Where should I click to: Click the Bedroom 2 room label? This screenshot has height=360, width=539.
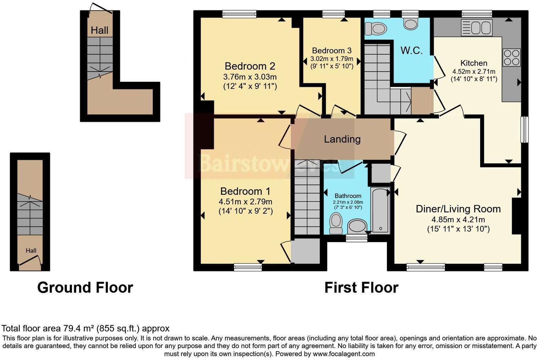[250, 66]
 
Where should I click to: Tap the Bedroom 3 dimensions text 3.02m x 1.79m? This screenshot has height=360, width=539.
[332, 59]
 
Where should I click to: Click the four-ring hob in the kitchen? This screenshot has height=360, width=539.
[511, 57]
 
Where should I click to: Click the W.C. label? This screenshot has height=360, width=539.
[411, 50]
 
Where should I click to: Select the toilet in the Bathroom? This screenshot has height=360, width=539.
[335, 223]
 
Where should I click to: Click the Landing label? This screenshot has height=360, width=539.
[342, 139]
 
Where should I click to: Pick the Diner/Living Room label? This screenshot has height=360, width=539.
[458, 209]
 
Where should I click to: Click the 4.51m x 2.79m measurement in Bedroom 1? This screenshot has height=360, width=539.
[245, 202]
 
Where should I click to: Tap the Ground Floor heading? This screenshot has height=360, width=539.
[85, 287]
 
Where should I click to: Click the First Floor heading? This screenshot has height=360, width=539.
[361, 287]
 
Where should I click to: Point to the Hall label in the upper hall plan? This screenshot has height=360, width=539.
[99, 30]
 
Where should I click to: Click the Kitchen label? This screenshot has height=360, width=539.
[474, 63]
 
